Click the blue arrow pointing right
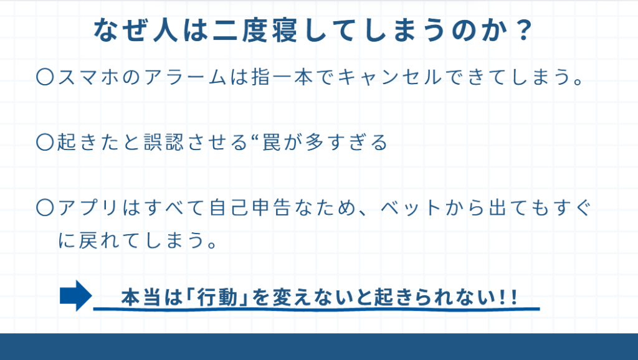[x=75, y=295]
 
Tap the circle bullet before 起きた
[x=45, y=143]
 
